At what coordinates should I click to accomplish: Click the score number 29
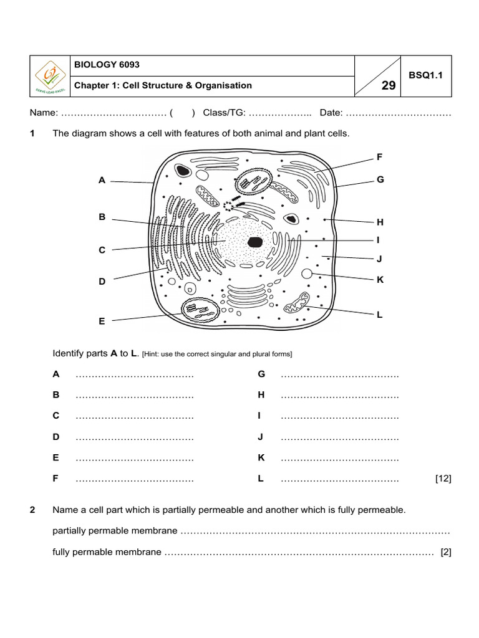click(388, 86)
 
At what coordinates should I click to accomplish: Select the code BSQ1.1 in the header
click(425, 75)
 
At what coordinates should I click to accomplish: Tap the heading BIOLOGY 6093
click(107, 65)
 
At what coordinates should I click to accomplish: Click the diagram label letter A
click(102, 180)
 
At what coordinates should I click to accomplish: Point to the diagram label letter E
click(102, 321)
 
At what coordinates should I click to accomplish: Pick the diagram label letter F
click(379, 157)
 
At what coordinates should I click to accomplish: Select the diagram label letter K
click(379, 280)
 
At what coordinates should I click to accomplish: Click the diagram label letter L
click(379, 315)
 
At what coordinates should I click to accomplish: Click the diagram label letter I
click(378, 239)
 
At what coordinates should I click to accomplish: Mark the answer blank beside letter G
click(339, 375)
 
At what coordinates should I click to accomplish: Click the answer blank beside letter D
click(134, 438)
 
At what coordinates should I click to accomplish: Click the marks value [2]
click(445, 552)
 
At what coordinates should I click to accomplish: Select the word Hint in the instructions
click(154, 355)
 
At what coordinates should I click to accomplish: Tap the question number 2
click(32, 510)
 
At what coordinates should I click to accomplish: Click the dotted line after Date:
click(398, 113)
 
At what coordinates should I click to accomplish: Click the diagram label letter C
click(102, 250)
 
